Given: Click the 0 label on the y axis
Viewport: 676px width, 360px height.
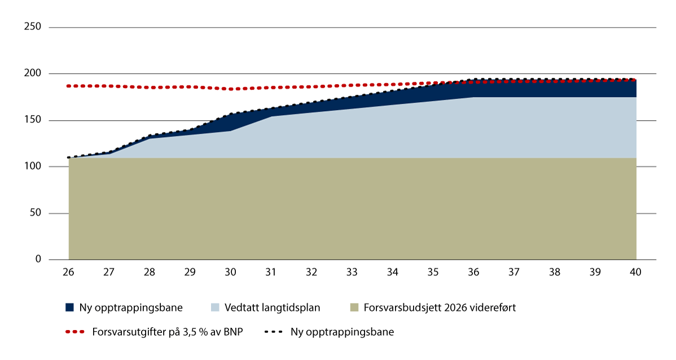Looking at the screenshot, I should tap(39, 260).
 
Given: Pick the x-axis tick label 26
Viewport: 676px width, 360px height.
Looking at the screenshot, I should tap(68, 272).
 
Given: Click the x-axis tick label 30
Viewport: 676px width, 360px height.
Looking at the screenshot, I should tap(230, 272).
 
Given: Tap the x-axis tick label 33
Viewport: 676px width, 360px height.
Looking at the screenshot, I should tap(352, 272).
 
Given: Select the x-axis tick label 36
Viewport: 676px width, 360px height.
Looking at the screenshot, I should tap(473, 272).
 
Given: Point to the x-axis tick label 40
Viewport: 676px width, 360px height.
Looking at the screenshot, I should tap(635, 272).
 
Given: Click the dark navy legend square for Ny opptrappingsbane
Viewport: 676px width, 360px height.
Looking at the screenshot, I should tap(69, 308).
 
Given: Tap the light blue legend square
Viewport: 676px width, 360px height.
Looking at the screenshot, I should tap(216, 308).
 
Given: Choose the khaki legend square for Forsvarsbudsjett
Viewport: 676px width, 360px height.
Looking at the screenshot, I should tap(354, 308).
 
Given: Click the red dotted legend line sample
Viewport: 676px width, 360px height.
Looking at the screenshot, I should tap(74, 332).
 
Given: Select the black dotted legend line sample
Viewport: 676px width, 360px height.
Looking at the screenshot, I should tap(273, 332).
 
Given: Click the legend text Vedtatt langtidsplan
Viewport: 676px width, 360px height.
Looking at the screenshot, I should tap(272, 308).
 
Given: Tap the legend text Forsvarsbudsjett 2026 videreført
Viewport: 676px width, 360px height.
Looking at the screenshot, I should tap(439, 308).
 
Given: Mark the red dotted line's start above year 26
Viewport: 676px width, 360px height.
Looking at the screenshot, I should tap(68, 86).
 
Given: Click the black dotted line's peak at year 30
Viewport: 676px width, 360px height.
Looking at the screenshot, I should tap(230, 115).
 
